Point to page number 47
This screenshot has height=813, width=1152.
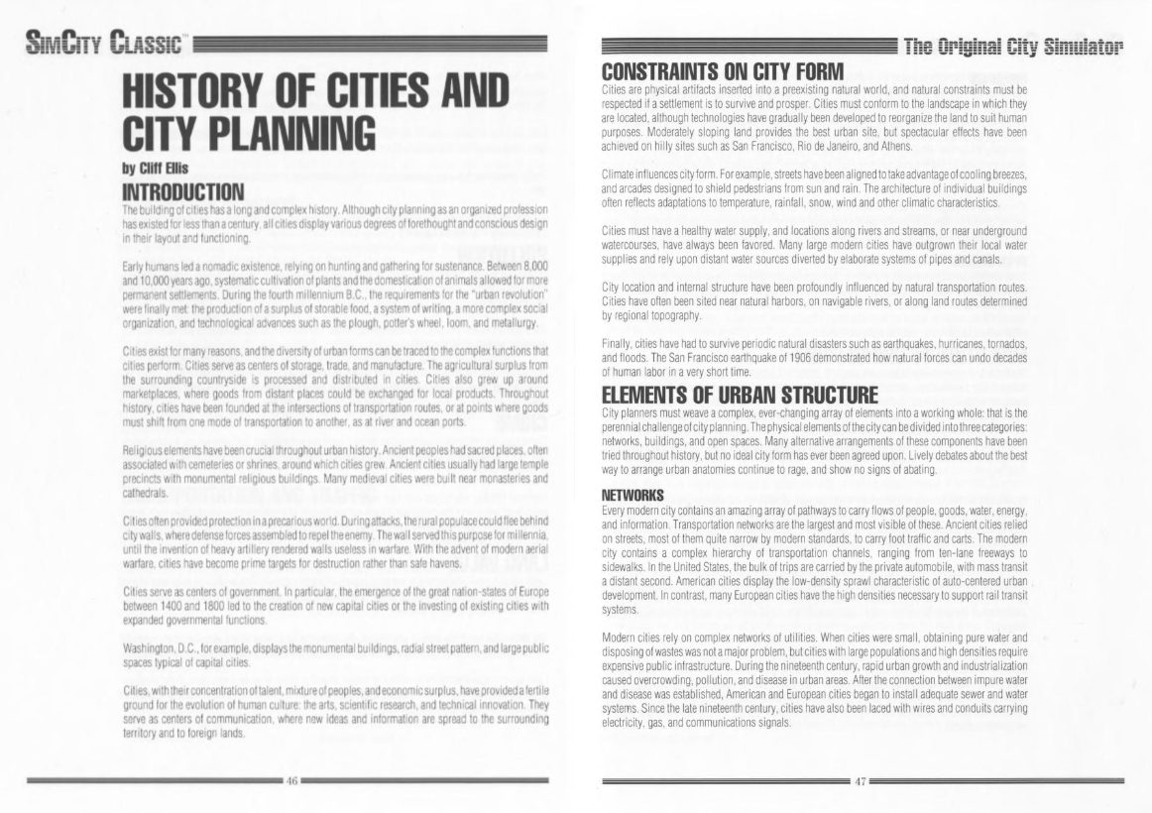tap(861, 781)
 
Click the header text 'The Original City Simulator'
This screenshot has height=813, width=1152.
tap(1017, 46)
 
